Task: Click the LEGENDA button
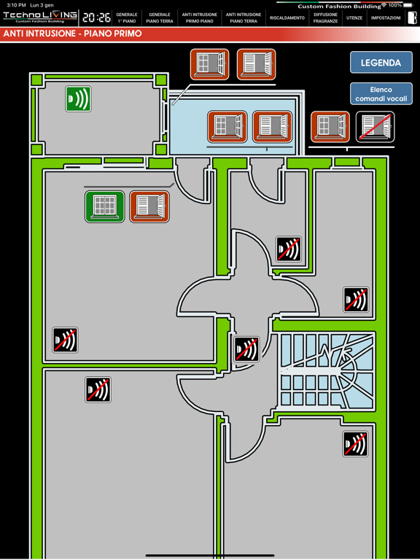(381, 63)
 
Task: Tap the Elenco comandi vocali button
(381, 93)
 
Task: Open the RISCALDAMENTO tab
(287, 17)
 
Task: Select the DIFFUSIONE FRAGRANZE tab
(325, 17)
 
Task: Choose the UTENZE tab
(354, 17)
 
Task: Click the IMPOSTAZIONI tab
(386, 17)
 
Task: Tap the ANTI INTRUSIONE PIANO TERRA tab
(244, 17)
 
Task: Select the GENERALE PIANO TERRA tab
(159, 17)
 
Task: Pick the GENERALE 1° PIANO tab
(127, 17)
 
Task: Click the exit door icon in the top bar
(413, 17)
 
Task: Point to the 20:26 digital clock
(96, 17)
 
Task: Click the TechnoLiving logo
(40, 17)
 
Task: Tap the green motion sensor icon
(78, 98)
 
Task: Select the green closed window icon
(105, 206)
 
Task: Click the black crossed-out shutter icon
(375, 127)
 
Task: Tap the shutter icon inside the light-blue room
(272, 126)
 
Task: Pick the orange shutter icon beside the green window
(149, 206)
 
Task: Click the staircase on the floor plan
(327, 371)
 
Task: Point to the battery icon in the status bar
(408, 5)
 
